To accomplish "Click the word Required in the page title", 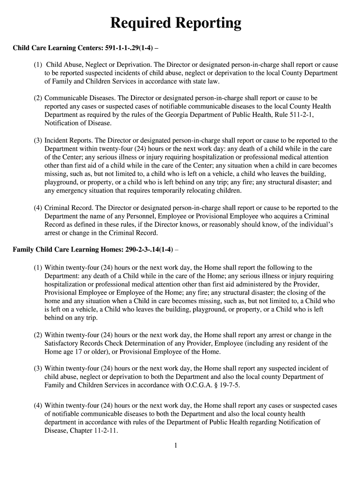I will tap(140, 23).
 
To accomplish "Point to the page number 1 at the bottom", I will tap(175, 445).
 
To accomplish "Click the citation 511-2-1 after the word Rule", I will tap(299, 115).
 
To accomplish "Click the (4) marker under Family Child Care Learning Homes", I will tap(38, 406).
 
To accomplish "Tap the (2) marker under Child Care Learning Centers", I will tap(38, 98).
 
